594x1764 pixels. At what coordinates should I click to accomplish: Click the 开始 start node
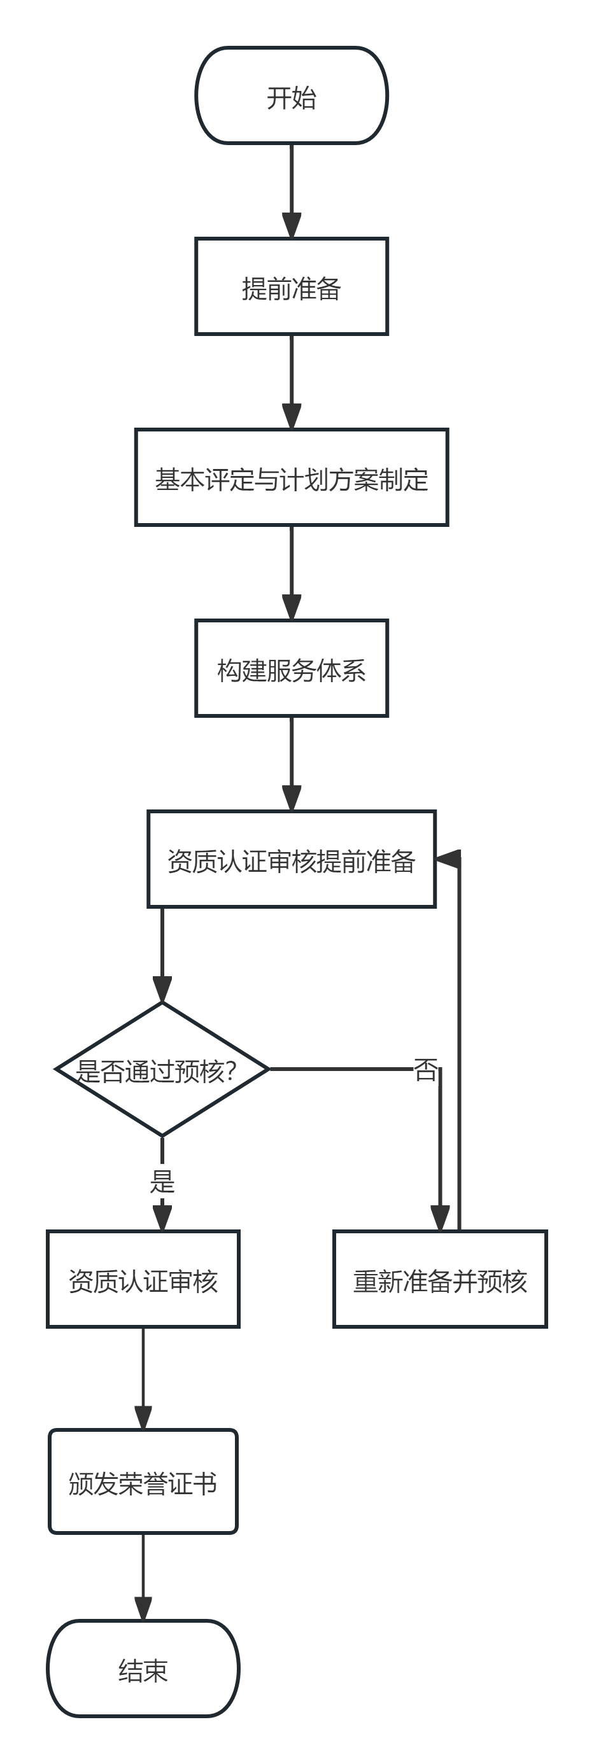coord(292,96)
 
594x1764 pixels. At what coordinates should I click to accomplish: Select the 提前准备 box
coord(292,287)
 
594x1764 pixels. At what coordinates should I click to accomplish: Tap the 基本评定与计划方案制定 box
coord(292,478)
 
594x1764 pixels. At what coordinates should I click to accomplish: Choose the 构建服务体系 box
coord(292,668)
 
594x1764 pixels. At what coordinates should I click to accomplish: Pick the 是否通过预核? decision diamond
coord(162,1069)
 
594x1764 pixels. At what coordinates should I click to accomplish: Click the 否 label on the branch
coord(425,1069)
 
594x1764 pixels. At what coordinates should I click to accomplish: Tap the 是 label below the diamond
coord(162,1180)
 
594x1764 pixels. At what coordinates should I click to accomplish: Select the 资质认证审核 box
coord(143,1279)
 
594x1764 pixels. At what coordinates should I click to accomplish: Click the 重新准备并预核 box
coord(440,1279)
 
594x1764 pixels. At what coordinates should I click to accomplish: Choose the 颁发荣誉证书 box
coord(143,1481)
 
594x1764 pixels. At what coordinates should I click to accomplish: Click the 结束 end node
coord(143,1668)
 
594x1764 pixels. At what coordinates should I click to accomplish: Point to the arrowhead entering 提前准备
coord(292,226)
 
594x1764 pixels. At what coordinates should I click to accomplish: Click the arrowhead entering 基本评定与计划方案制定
coord(292,416)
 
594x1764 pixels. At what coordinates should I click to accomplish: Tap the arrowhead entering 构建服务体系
coord(292,607)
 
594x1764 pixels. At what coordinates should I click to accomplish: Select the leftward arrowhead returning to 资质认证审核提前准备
coord(448,859)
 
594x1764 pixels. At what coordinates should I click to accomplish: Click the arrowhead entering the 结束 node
coord(143,1609)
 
